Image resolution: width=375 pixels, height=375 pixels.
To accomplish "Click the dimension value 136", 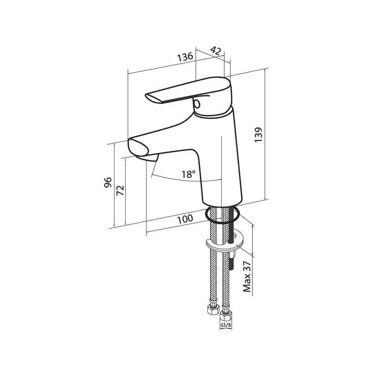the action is tap(185, 57).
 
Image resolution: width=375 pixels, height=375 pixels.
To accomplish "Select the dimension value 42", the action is tap(216, 51).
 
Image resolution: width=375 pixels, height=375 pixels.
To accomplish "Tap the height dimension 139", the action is tap(258, 135).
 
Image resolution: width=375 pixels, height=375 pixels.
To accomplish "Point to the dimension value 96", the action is tap(108, 183).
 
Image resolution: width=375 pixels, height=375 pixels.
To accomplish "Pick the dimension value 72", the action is tap(120, 190).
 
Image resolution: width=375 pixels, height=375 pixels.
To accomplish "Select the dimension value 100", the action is tap(185, 219).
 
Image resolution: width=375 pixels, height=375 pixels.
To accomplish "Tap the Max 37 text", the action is tap(247, 277).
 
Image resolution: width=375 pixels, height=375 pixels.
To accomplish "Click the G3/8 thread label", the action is tap(225, 325).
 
